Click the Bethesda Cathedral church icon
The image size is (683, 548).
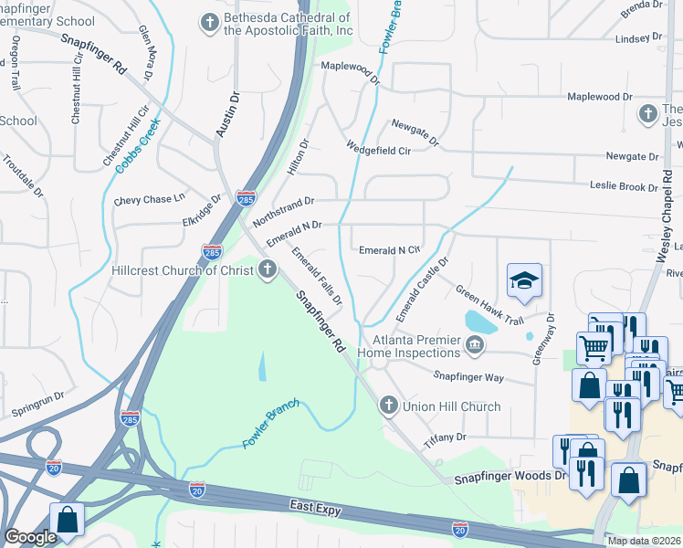pos(211,23)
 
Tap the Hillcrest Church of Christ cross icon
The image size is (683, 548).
pos(268,269)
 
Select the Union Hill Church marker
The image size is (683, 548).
pos(388,406)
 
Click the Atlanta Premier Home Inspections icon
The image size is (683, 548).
pos(475,345)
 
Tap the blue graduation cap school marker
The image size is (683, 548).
pos(525,281)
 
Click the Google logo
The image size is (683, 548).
pos(30,537)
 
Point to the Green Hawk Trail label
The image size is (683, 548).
pos(489,307)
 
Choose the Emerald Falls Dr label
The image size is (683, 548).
pos(317,275)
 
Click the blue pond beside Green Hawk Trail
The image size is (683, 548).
pos(481,321)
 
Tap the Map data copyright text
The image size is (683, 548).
pos(644,541)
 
